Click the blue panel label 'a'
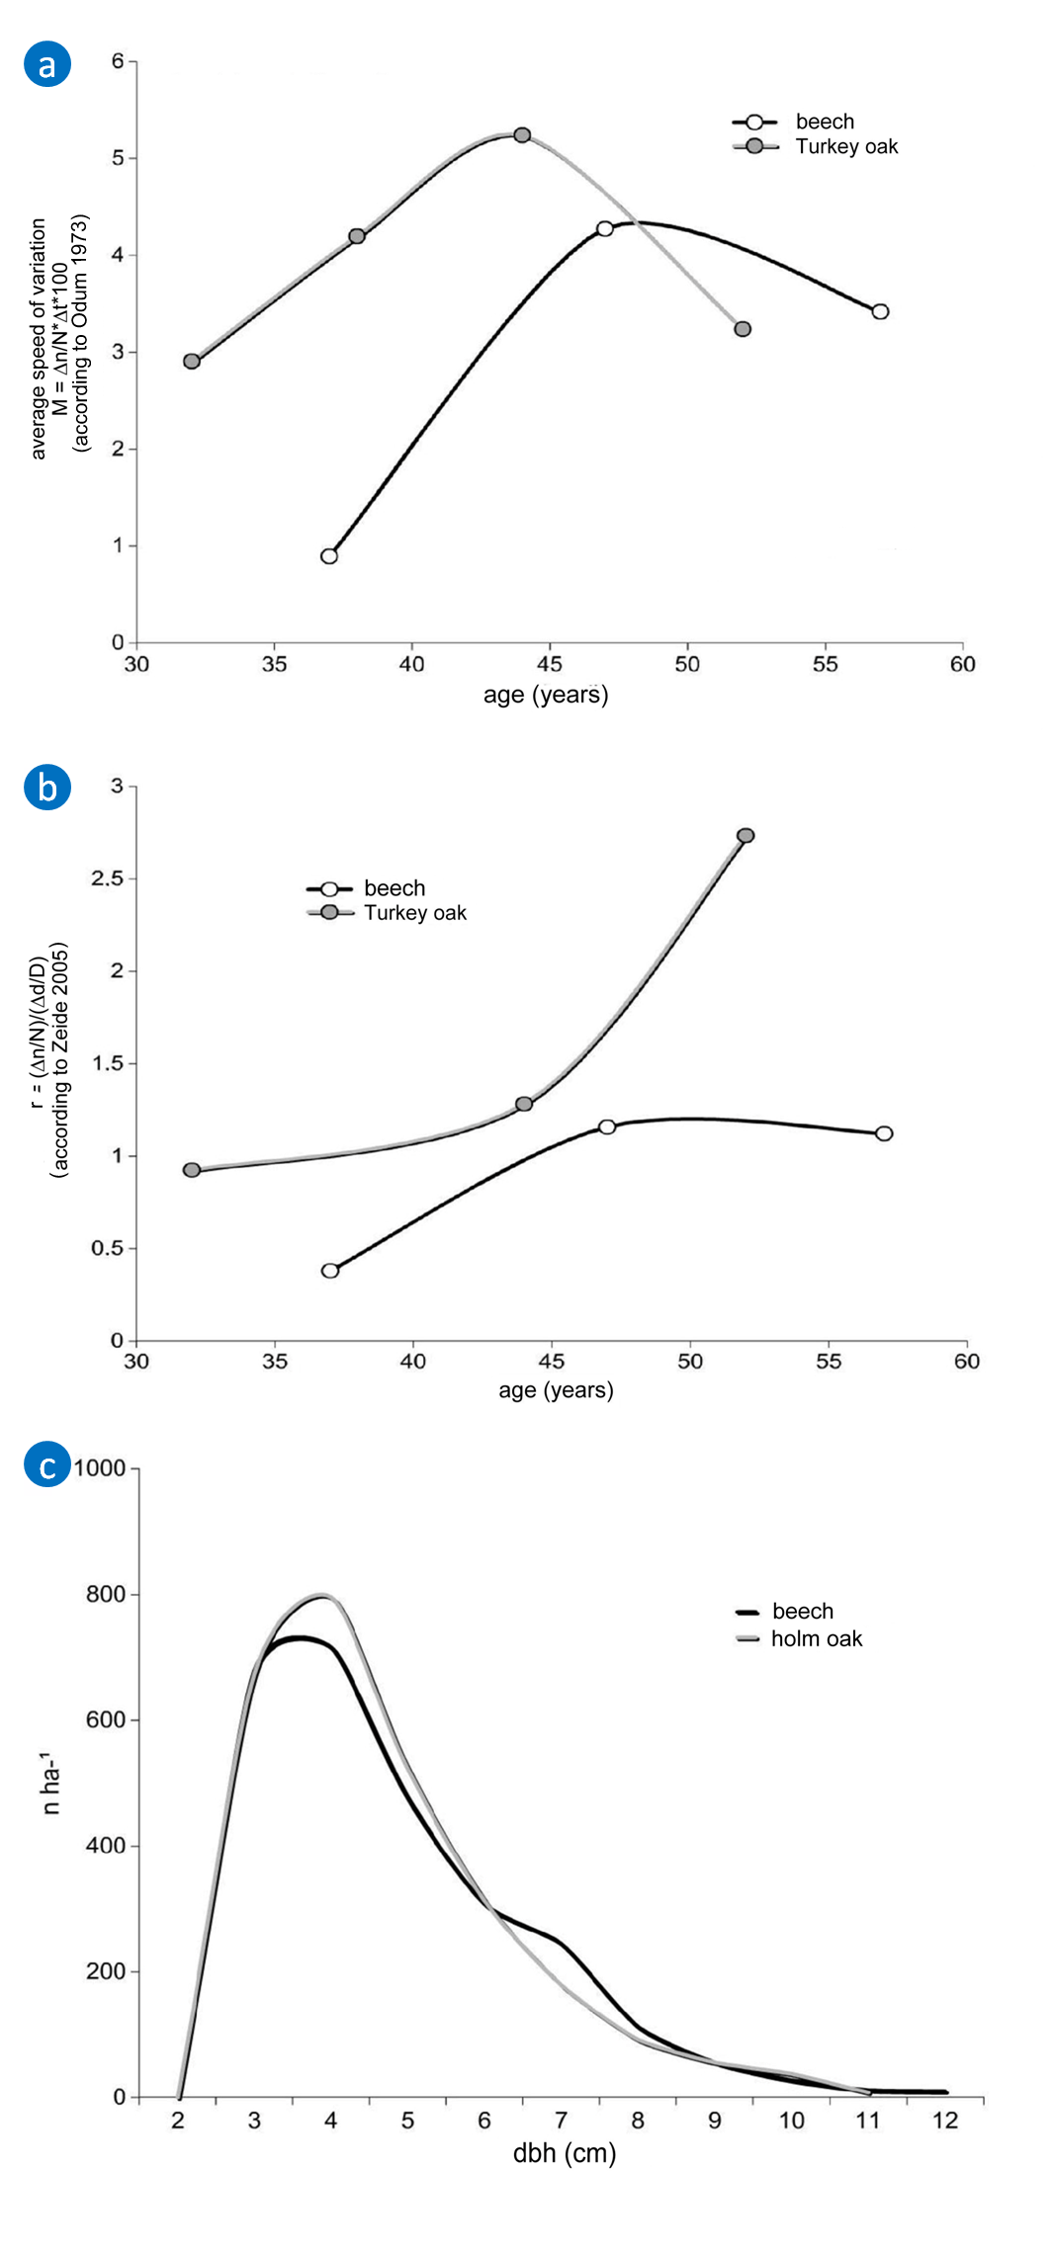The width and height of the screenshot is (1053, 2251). [47, 64]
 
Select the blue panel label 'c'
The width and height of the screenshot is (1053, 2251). [47, 1465]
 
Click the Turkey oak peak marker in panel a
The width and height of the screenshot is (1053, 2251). [522, 135]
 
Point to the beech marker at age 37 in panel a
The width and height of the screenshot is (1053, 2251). [329, 556]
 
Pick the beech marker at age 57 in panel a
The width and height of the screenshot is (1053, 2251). [880, 312]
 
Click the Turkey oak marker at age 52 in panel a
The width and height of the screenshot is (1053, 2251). [743, 329]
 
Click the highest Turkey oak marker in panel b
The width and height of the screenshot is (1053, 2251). [746, 836]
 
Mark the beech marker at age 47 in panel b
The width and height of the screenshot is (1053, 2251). [607, 1126]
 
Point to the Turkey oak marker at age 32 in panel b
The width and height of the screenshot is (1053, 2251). [192, 1170]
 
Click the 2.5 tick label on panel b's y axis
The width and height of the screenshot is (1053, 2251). [107, 878]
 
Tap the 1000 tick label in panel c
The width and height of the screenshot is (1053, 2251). [100, 1468]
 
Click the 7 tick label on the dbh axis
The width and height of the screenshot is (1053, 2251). [561, 2121]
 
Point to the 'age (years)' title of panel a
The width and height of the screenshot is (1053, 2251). [546, 696]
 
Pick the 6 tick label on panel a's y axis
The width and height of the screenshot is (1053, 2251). [118, 61]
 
